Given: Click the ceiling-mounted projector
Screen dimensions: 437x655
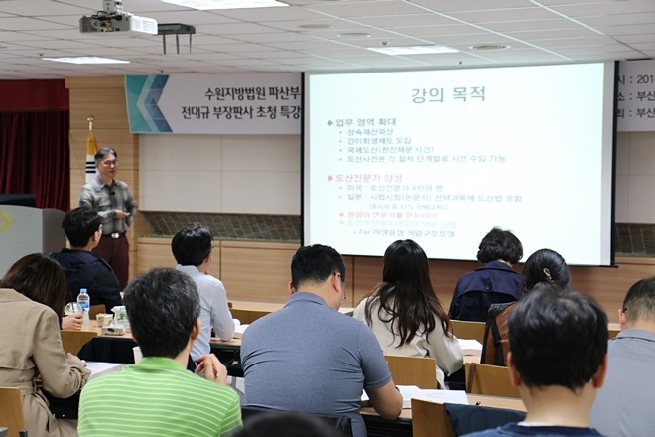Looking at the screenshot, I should click(x=118, y=21).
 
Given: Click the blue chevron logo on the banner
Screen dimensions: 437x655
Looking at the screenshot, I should click(x=148, y=103).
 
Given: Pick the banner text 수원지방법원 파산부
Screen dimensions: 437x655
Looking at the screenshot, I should click(x=254, y=94).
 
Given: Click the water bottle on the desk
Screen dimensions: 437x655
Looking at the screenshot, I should click(x=83, y=301).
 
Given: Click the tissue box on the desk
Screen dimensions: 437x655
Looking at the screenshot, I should click(x=117, y=317).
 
